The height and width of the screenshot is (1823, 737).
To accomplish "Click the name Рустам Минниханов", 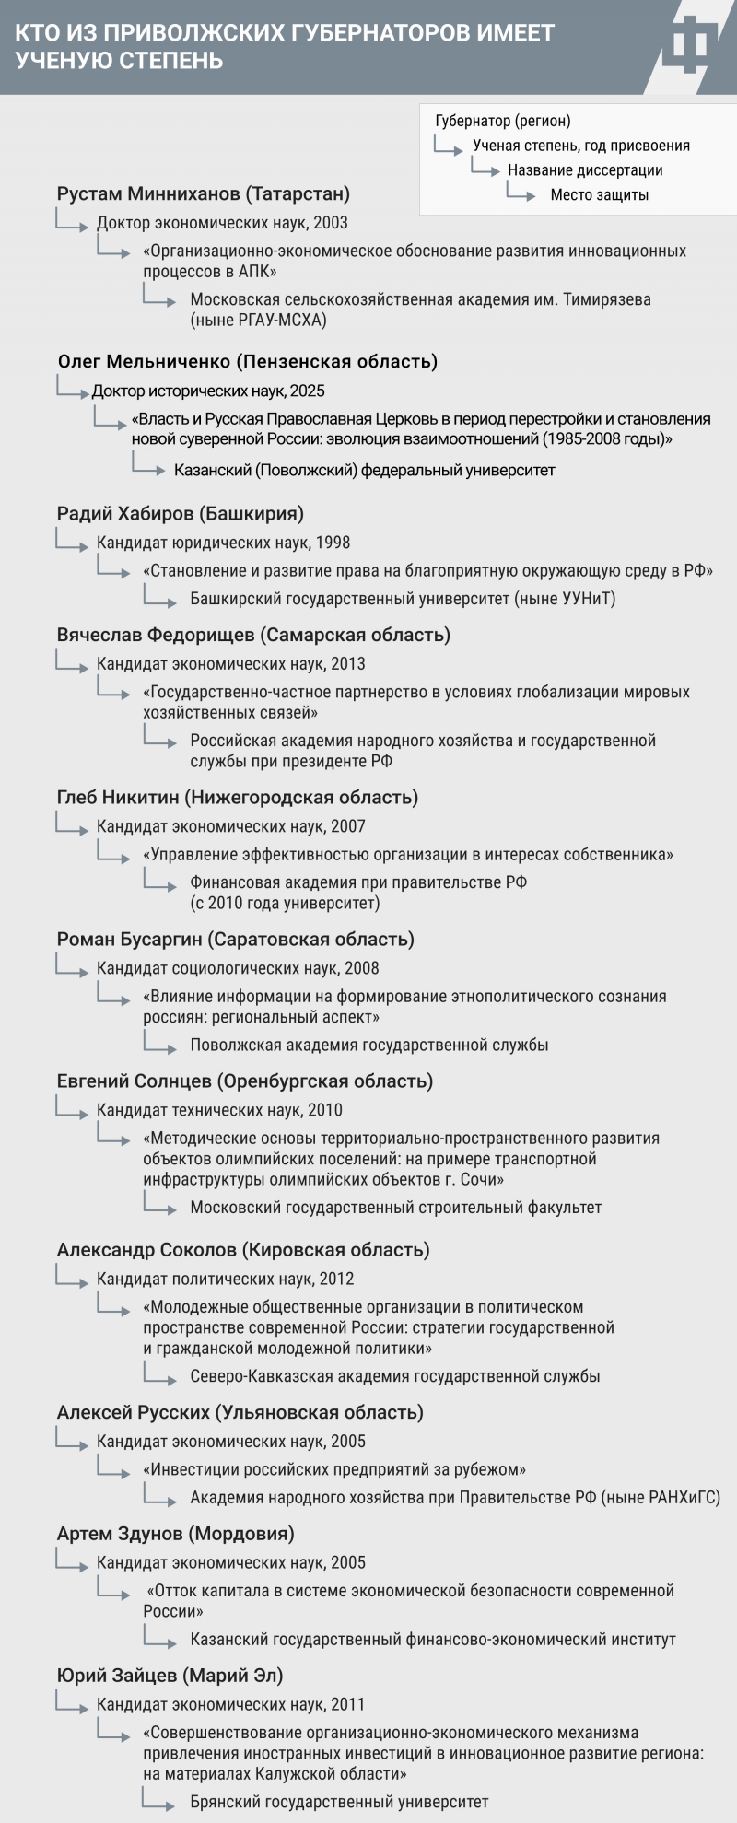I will coord(147,194).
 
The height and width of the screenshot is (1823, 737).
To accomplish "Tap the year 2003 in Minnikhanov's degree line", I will coord(331,223).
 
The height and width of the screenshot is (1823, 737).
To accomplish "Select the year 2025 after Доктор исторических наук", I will coord(307,391).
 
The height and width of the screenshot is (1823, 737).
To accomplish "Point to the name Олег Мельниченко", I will coord(143,361).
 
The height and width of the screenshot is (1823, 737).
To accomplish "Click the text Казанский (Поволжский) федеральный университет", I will coord(365,471).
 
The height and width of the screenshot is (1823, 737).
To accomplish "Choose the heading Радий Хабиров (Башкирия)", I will coord(181,514).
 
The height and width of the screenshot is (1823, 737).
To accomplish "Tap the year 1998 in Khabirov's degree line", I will coord(332,543).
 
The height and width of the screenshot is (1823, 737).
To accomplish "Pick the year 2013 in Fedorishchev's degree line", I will coord(347,664).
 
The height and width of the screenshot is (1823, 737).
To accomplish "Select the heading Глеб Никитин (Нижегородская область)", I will coord(238,798).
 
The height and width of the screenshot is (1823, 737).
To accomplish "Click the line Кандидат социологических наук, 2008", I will coord(238,969).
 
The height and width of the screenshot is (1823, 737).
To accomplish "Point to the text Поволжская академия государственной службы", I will coord(369,1046).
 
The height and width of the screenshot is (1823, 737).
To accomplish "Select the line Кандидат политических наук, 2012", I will coord(226,1280).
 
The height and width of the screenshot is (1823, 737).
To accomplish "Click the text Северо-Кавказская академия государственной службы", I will coord(395,1377).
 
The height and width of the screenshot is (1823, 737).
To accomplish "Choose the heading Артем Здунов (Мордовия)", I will coord(176,1535).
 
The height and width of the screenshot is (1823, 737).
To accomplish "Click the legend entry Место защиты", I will coord(600,195).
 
